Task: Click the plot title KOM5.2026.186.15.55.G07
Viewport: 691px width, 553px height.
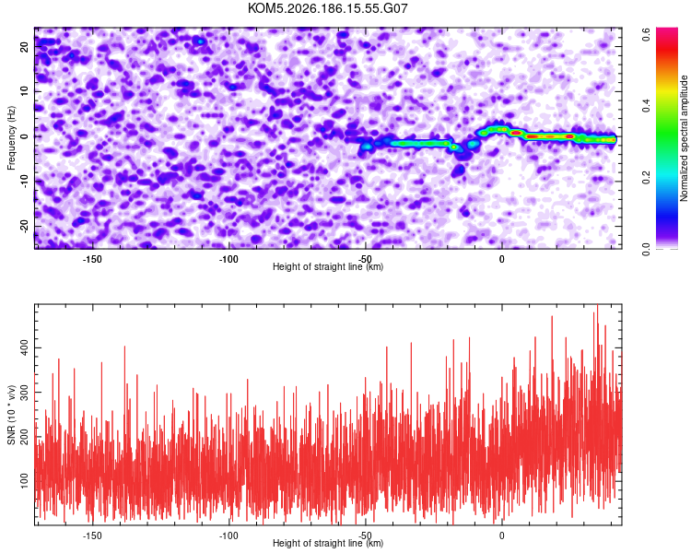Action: point(327,8)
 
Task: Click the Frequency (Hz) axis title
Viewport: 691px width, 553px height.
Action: point(11,138)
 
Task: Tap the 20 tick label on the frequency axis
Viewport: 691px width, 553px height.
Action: point(25,47)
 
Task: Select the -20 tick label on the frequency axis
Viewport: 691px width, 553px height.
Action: point(25,226)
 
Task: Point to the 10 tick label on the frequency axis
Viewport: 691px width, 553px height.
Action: point(25,91)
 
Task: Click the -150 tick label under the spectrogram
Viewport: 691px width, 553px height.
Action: point(92,259)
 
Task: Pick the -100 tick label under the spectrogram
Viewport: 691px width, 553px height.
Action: point(228,259)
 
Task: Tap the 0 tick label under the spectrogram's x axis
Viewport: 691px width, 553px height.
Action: point(502,259)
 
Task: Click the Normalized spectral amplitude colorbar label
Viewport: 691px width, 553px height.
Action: point(684,138)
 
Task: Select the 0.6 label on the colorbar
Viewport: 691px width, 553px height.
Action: point(646,34)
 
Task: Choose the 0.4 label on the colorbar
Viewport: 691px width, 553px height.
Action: point(646,106)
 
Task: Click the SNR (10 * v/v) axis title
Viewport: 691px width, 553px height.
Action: point(11,415)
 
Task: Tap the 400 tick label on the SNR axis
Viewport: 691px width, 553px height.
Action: point(25,348)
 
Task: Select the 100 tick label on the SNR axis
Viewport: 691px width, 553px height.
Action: point(25,481)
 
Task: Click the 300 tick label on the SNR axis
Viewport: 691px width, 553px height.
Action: point(25,392)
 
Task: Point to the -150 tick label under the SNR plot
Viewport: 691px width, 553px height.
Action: point(92,535)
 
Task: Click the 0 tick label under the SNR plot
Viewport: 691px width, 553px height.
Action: point(502,535)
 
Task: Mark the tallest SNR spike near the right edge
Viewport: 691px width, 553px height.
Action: point(598,305)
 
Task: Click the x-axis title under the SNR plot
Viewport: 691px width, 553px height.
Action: point(328,543)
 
